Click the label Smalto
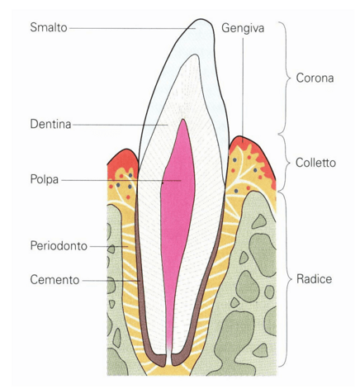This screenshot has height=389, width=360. pyautogui.click(x=49, y=27)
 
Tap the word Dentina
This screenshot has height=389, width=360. pyautogui.click(x=50, y=124)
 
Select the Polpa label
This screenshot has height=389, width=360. pyautogui.click(x=45, y=179)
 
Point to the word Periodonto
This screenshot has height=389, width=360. pyautogui.click(x=59, y=246)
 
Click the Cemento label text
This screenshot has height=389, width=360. pyautogui.click(x=54, y=280)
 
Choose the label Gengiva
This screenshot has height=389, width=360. pyautogui.click(x=243, y=28)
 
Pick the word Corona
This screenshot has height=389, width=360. pyautogui.click(x=315, y=78)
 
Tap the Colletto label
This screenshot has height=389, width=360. pyautogui.click(x=315, y=163)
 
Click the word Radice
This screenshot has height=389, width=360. pyautogui.click(x=314, y=279)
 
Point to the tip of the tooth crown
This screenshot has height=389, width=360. pyautogui.click(x=201, y=19)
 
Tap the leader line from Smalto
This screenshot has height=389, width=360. pyautogui.click(x=132, y=28)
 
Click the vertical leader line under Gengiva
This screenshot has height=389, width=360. pyautogui.click(x=243, y=89)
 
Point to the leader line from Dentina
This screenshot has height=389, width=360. pyautogui.click(x=120, y=125)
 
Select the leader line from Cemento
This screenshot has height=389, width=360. pyautogui.click(x=111, y=281)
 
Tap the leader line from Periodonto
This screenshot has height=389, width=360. pyautogui.click(x=109, y=246)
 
